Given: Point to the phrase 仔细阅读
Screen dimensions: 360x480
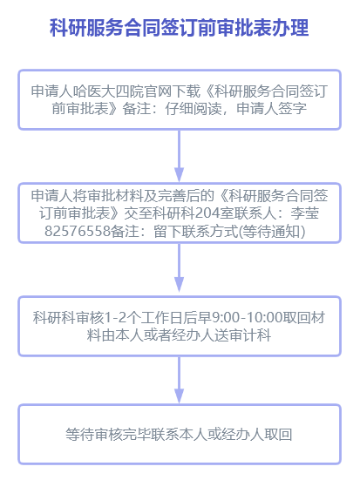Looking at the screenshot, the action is pyautogui.click(x=194, y=108).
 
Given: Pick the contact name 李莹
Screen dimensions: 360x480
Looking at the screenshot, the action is pyautogui.click(x=305, y=213).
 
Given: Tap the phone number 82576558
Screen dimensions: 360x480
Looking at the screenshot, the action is pyautogui.click(x=78, y=231).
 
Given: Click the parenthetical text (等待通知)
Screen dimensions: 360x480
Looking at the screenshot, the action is pyautogui.click(x=272, y=231).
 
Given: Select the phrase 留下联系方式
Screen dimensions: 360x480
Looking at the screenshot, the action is pyautogui.click(x=196, y=231).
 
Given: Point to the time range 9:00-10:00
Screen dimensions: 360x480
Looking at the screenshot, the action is pyautogui.click(x=247, y=318).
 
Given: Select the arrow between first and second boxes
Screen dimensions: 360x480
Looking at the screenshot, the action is pyautogui.click(x=180, y=156).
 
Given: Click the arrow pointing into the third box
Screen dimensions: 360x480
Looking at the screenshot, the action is pyautogui.click(x=180, y=267).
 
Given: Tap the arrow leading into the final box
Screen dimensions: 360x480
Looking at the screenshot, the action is pyautogui.click(x=180, y=380).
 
